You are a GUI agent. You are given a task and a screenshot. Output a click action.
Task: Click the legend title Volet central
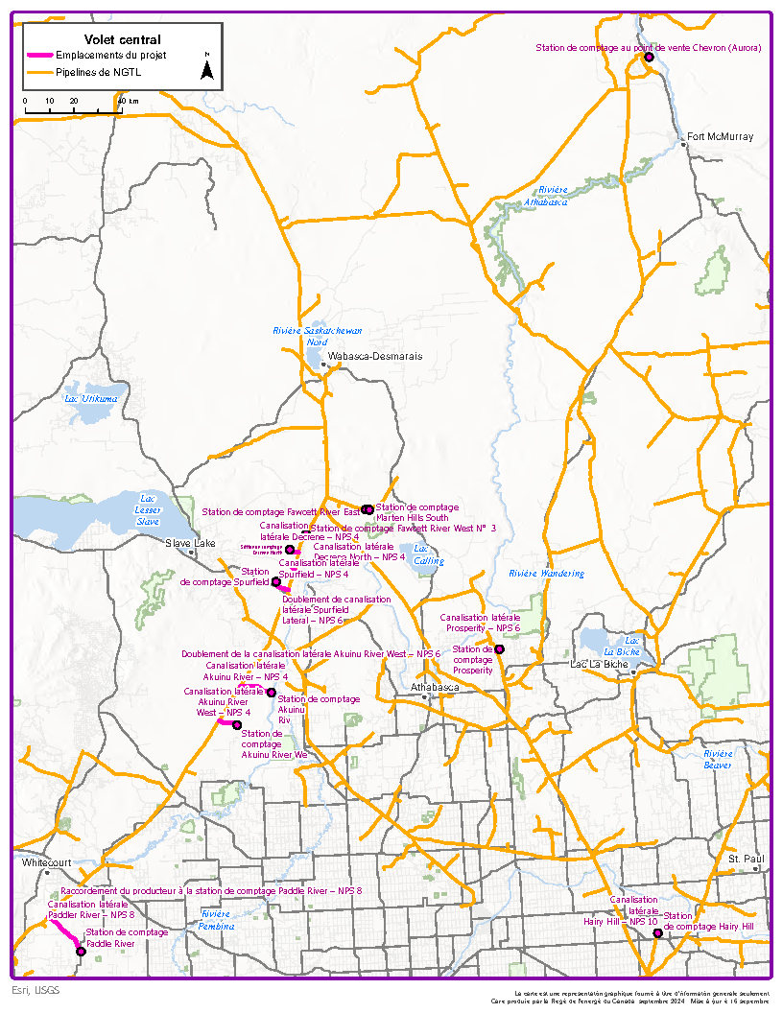(x=122, y=39)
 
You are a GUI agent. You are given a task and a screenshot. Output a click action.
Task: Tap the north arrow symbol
(x=206, y=67)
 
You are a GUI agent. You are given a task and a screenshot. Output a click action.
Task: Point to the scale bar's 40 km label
(x=128, y=101)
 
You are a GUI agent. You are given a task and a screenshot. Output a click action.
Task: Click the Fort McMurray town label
(x=721, y=137)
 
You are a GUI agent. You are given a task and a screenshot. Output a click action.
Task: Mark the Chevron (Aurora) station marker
(x=649, y=58)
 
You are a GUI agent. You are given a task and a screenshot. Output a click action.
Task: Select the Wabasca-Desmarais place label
(x=374, y=356)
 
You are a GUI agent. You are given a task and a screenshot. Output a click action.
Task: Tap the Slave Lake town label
(x=191, y=543)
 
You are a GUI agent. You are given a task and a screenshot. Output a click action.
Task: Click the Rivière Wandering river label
(x=546, y=574)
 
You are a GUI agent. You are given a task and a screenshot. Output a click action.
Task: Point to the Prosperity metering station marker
(x=499, y=649)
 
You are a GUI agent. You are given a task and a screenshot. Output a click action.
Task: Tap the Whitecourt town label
(x=47, y=862)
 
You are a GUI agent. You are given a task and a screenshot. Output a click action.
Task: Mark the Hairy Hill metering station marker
(x=657, y=933)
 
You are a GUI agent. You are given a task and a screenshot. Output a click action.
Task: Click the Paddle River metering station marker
(x=81, y=951)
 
